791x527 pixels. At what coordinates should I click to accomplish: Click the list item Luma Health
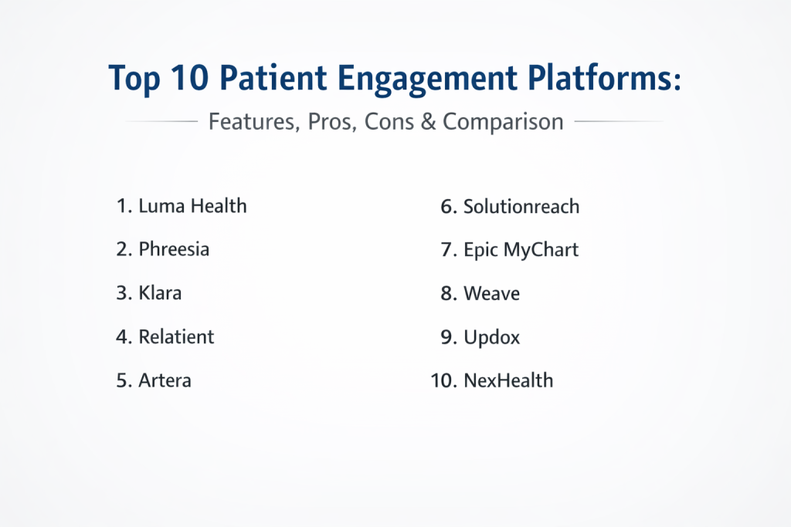click(192, 206)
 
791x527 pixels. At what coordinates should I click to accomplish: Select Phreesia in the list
click(174, 249)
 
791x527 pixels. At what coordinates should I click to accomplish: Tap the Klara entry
click(160, 292)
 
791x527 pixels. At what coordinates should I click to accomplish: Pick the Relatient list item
click(176, 336)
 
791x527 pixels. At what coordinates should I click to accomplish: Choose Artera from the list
click(165, 380)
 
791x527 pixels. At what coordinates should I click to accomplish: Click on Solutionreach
click(521, 207)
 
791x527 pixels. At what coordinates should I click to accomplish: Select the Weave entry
click(491, 293)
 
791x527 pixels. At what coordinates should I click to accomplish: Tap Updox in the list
click(491, 337)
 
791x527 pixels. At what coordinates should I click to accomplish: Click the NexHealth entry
click(508, 380)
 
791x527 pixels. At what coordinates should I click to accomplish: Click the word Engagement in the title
click(427, 79)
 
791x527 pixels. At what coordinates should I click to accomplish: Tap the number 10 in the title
click(188, 78)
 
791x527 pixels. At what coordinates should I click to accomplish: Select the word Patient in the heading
click(273, 78)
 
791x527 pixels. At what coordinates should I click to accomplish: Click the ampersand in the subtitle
click(428, 122)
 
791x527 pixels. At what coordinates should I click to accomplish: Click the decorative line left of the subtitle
click(161, 121)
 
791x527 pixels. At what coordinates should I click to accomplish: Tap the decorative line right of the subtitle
click(619, 121)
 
